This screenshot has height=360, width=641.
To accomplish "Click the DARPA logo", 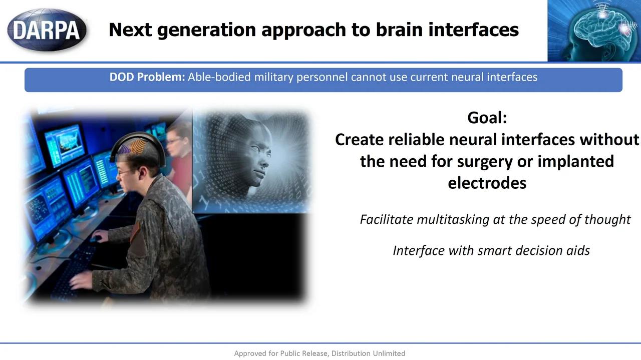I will [47, 30].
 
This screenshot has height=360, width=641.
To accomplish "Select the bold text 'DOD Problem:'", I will [147, 77].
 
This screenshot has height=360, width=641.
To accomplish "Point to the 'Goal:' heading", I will [487, 118].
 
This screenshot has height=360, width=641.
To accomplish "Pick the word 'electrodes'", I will [487, 183].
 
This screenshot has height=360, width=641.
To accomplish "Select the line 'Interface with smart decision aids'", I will [491, 250].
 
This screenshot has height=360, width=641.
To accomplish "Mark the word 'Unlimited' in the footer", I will [389, 353].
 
